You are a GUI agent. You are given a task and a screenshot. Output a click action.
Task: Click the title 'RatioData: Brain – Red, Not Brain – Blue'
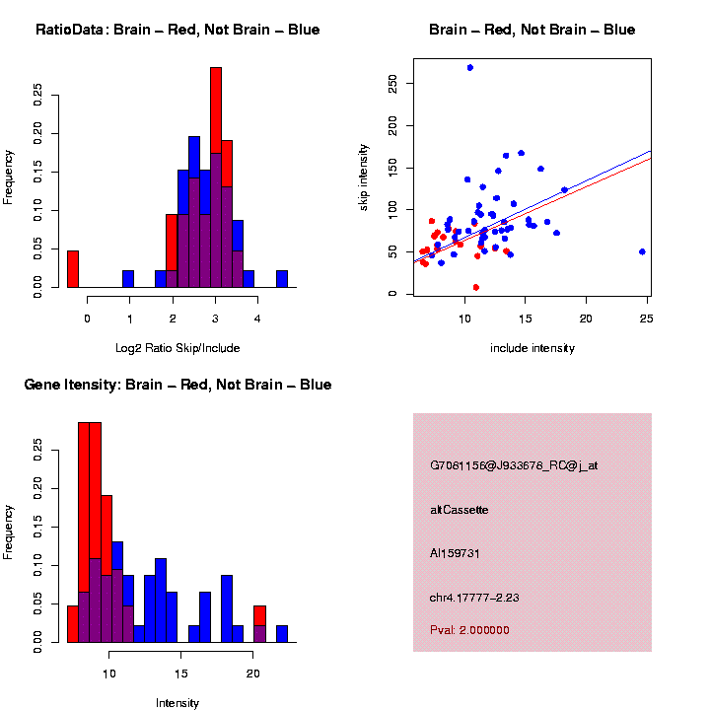177,30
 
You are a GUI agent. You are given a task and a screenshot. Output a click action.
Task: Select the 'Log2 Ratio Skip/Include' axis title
177,348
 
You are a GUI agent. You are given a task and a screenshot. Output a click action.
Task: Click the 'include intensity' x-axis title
532,348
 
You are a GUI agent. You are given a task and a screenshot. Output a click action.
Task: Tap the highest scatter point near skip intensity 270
470,67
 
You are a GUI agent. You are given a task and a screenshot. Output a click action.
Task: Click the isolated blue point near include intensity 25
642,251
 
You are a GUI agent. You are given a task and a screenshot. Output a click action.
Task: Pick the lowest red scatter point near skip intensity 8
476,287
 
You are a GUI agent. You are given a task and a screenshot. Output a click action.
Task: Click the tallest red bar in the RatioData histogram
216,177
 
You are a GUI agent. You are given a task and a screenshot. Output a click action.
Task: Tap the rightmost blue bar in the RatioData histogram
282,279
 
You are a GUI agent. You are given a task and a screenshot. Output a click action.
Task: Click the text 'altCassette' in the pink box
460,510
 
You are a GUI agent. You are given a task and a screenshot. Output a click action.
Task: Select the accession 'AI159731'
455,554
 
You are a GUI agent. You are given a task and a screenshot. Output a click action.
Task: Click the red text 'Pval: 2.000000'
469,630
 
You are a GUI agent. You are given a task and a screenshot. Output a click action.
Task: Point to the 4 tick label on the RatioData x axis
257,319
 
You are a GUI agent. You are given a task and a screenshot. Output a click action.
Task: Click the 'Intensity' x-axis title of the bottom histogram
177,703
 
